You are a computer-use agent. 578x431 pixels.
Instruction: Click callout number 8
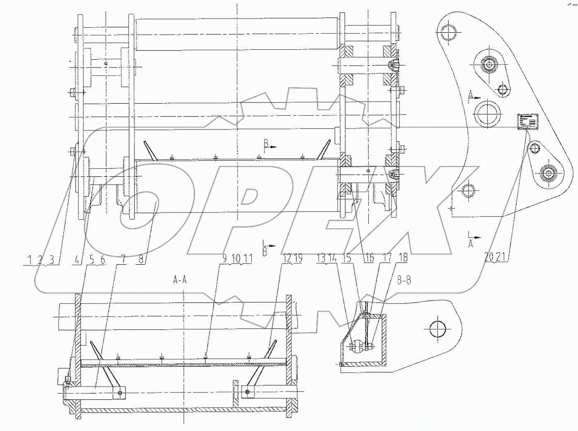click(x=141, y=259)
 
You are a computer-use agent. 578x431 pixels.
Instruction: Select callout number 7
click(x=123, y=259)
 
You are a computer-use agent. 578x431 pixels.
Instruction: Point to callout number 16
click(x=369, y=258)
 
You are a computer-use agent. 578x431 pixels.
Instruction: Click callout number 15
click(x=347, y=258)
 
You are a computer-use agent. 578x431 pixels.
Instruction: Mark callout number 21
click(x=501, y=257)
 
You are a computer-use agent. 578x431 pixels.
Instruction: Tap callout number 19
click(x=298, y=258)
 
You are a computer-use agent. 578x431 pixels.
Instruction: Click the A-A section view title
click(x=180, y=280)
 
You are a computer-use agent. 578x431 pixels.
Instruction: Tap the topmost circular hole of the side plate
click(x=449, y=32)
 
